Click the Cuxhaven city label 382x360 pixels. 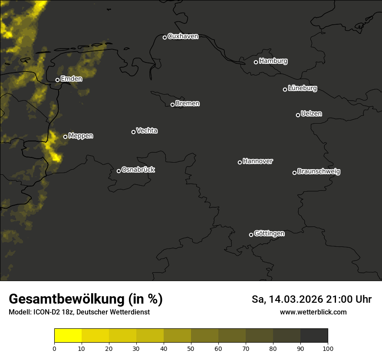(x=183, y=36)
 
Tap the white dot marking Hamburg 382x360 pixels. (x=256, y=62)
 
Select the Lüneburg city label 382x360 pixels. (x=302, y=88)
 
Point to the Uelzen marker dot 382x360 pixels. (x=298, y=115)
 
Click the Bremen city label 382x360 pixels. (x=188, y=104)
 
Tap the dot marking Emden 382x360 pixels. (x=57, y=80)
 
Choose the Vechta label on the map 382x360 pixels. (x=147, y=131)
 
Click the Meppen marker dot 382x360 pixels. (x=65, y=137)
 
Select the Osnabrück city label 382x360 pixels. (x=138, y=170)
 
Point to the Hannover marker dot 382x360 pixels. (x=240, y=162)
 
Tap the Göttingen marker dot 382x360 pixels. (x=251, y=235)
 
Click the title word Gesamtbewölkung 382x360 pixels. (x=66, y=299)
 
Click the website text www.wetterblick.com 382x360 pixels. (x=313, y=312)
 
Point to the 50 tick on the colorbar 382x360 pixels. (x=191, y=348)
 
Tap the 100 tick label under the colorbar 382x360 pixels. (x=328, y=348)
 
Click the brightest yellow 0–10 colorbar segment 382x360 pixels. (x=68, y=336)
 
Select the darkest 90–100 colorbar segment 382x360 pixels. (x=314, y=336)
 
